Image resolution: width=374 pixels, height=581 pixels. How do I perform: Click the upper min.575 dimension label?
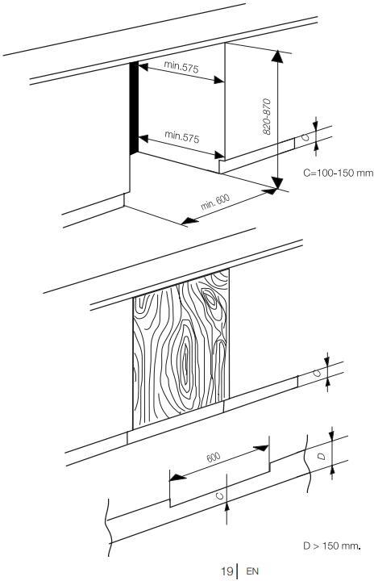pos(181,67)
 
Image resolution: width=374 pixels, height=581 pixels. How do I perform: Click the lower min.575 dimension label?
pos(182,136)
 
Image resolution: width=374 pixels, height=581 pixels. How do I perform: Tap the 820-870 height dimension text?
pos(267,116)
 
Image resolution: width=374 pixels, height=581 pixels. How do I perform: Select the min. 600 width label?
pos(215,202)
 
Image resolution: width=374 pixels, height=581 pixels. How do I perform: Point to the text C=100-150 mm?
pos(339,173)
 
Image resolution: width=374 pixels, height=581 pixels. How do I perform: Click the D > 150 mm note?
pos(332,545)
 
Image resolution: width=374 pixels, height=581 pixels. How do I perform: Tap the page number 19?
pos(226,571)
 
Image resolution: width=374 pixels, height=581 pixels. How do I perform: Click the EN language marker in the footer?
pos(252,571)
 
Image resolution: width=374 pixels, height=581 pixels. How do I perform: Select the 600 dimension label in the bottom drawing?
pos(214,458)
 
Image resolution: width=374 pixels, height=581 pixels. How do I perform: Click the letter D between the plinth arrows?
pos(322,456)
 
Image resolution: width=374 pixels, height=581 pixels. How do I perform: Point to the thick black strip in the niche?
pos(134,108)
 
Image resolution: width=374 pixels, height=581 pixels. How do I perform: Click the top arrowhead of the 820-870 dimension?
pos(277,56)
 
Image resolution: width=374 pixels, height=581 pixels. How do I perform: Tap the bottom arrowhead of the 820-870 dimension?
pos(277,183)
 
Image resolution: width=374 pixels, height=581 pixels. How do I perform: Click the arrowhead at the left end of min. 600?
pos(190,222)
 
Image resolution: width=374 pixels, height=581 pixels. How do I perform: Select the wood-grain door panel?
pos(181,349)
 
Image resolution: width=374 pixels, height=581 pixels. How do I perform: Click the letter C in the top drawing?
pos(305,137)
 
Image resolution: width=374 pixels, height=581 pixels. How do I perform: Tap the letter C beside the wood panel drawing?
pos(317,373)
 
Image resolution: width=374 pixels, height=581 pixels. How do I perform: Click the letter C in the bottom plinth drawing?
pos(220,495)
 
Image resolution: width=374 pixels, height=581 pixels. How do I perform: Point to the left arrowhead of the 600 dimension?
pos(178,477)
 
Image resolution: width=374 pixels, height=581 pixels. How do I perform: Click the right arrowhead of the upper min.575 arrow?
pos(219,80)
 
